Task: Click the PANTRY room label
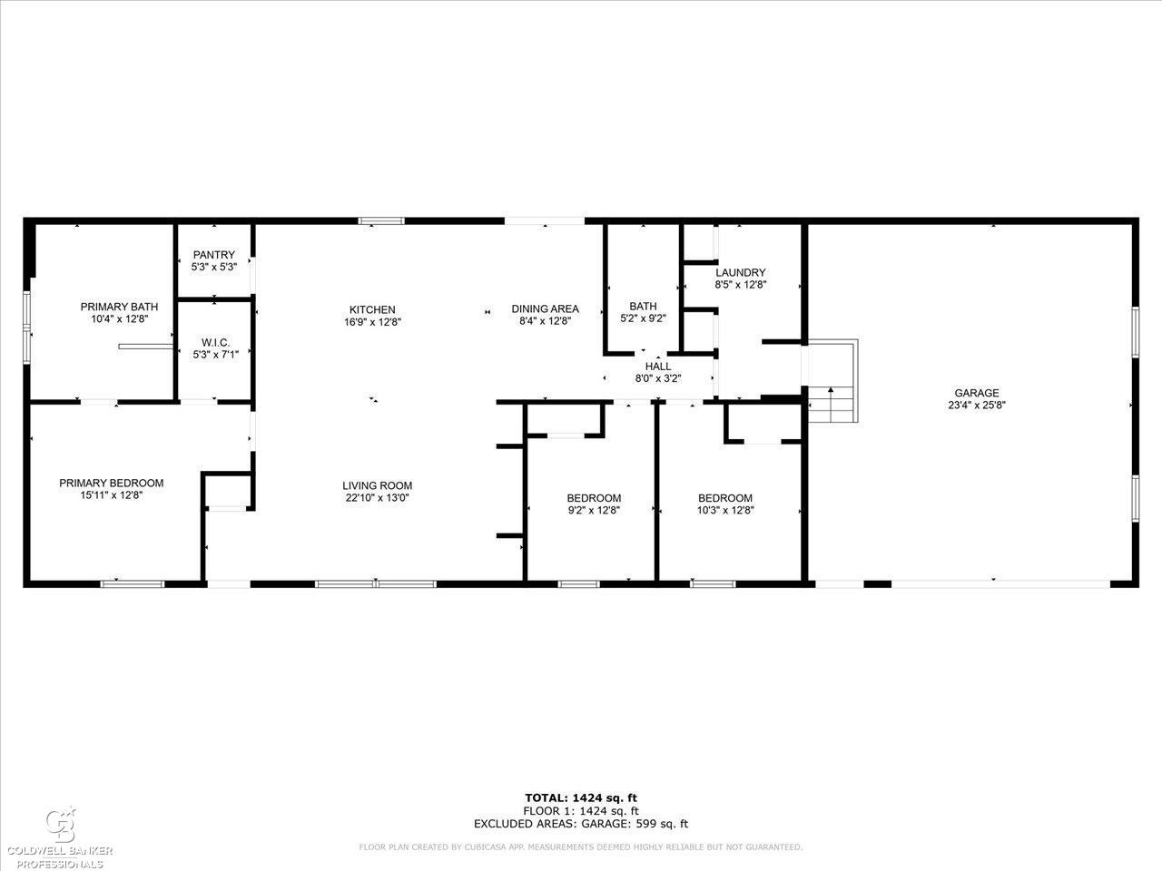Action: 214,255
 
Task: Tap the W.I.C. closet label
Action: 215,342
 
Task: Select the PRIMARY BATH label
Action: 119,307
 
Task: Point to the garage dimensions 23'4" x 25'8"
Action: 977,405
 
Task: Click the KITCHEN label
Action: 372,309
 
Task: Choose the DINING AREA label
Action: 546,308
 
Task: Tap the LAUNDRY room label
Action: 741,272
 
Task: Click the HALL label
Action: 658,366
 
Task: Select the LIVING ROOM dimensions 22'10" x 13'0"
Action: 377,497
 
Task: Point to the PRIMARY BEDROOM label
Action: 111,483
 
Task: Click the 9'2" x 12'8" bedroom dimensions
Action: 593,510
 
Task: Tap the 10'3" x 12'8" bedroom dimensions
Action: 725,510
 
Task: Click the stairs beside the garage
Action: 832,381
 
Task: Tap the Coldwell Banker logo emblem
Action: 62,826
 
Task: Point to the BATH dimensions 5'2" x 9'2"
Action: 644,318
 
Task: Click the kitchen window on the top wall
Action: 381,221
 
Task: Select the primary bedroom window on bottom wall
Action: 133,583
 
